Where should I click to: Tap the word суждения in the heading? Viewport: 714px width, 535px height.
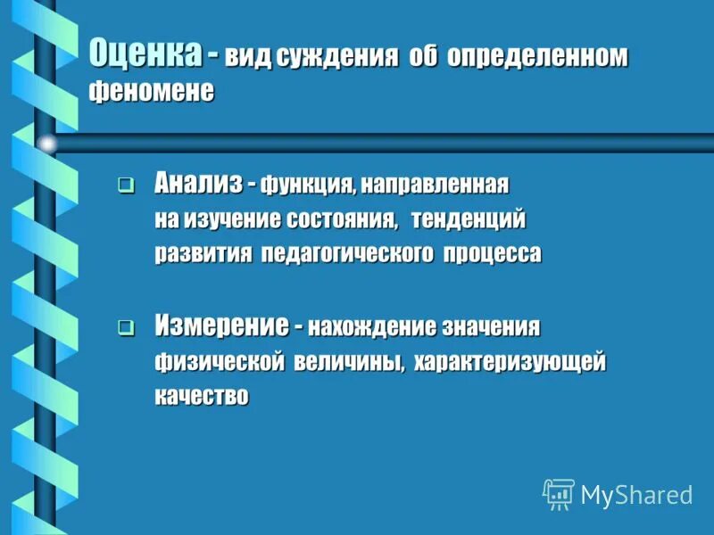(x=336, y=58)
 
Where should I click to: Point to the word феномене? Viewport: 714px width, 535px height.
(x=151, y=91)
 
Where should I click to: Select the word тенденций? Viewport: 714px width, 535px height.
(x=469, y=219)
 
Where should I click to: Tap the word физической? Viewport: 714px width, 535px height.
(x=219, y=363)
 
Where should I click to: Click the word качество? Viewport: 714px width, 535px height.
(x=201, y=397)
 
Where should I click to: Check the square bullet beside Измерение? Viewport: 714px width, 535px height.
(x=126, y=328)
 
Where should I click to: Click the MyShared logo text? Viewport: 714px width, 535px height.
(x=636, y=495)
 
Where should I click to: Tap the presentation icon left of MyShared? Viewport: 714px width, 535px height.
(x=559, y=494)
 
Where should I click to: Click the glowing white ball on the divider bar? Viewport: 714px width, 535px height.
(x=47, y=143)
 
